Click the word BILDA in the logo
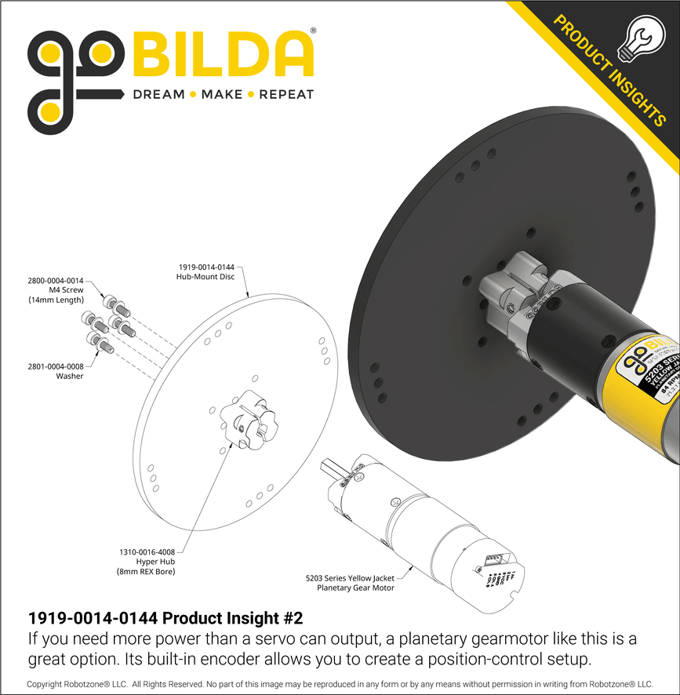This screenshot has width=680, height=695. pos(224,56)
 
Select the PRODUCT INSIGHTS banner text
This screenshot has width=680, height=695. pos(609,70)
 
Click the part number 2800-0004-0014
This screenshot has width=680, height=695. pos(55,280)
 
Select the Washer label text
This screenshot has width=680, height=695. pos(70,376)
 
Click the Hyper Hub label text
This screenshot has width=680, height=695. pos(155,562)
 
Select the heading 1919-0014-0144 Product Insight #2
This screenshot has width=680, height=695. pos(165,617)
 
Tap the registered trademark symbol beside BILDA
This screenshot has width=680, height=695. pos(314,31)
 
